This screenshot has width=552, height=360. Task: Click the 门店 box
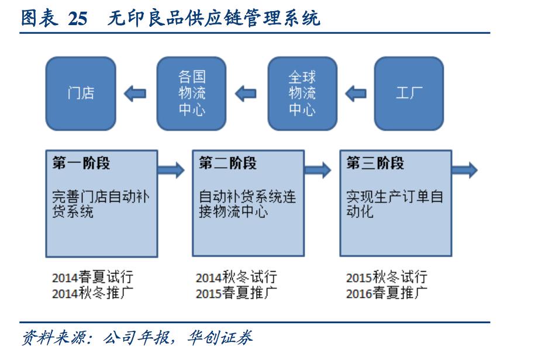pos(81,93)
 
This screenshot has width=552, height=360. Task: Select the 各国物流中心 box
pos(192,93)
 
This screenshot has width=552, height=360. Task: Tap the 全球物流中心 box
pos(302,93)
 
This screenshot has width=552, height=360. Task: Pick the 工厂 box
pos(409,93)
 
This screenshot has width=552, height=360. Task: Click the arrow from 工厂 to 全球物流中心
pos(356,93)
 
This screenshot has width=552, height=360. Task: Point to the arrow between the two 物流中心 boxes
pos(246,93)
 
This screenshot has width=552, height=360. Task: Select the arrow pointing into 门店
pos(135,93)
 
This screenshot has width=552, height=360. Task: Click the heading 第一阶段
pos(81,164)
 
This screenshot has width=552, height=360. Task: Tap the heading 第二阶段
pos(227,164)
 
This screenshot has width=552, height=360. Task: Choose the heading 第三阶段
pos(375,164)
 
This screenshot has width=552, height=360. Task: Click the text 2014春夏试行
pos(92,277)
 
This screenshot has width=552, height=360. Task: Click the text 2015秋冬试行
pos(386,277)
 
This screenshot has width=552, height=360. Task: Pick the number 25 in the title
pos(77,19)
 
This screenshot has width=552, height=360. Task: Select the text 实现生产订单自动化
pos(394,203)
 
